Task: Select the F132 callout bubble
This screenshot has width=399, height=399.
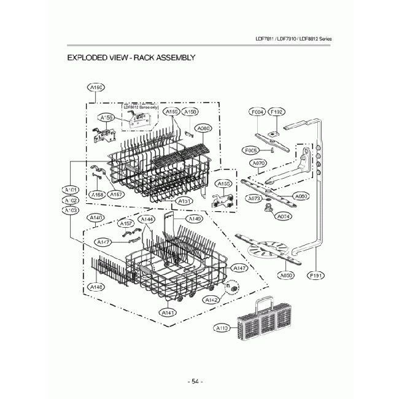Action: (276, 112)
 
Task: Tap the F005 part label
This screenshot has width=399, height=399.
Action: (250, 150)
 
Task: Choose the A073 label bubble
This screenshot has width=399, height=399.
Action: (254, 198)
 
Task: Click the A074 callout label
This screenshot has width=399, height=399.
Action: (284, 217)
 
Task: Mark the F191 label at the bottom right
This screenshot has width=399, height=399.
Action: (317, 276)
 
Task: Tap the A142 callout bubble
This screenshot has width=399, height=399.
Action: (212, 300)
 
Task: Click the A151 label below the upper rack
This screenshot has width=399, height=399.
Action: (184, 201)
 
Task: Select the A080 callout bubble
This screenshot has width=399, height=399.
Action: (203, 128)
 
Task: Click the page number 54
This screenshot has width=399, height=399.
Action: (195, 381)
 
